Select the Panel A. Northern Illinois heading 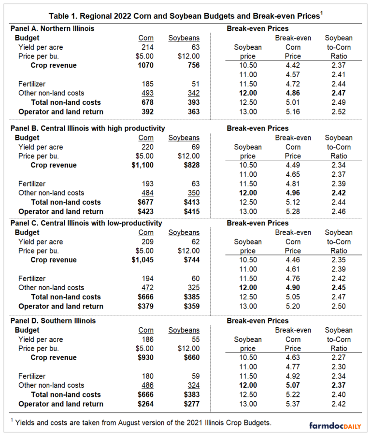tap(53, 28)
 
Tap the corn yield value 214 tap(146, 47)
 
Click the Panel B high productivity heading tap(87, 128)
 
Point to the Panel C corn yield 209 tap(146, 241)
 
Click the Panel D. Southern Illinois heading tap(53, 321)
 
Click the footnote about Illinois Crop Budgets tap(140, 422)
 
